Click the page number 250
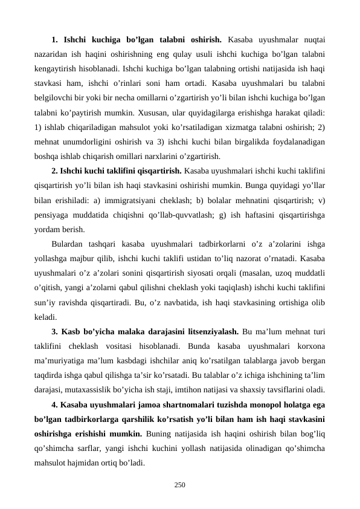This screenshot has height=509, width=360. (180, 485)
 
